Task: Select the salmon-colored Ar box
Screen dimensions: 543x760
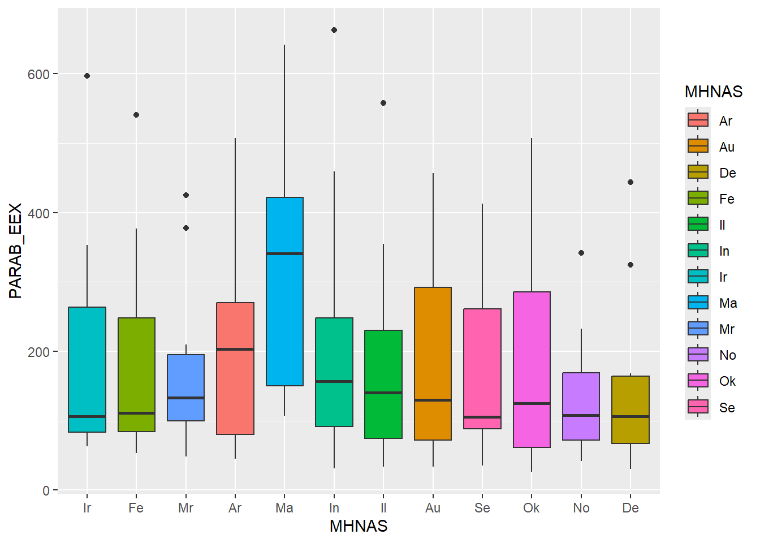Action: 235,390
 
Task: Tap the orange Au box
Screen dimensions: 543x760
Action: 433,339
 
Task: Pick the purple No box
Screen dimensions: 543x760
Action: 581,396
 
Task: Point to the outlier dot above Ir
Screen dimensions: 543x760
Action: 87,76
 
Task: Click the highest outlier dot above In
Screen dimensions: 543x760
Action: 334,30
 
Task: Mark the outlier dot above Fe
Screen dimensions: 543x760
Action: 136,115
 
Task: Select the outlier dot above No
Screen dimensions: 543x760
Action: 581,253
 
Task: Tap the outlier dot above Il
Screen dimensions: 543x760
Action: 383,103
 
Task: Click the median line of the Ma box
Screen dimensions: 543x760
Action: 284,253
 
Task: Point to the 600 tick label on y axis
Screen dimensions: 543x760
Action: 38,74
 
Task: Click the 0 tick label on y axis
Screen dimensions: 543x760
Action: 46,491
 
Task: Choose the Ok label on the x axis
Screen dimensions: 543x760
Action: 532,508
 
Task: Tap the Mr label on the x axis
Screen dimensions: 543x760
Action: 185,508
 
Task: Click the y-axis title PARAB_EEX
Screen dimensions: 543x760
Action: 15,251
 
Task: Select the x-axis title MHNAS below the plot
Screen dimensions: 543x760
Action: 359,526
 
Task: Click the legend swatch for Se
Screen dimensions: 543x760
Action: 698,407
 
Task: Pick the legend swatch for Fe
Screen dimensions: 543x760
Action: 698,198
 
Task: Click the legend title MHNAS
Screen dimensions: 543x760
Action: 713,92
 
